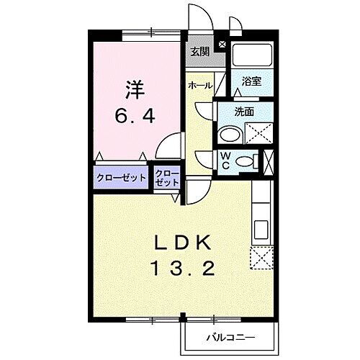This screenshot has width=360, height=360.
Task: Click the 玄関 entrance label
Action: click(x=199, y=52)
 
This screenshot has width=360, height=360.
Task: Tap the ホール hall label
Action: click(x=199, y=86)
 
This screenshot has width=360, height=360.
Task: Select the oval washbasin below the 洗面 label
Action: click(x=232, y=135)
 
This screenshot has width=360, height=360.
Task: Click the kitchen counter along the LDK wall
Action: click(x=260, y=216)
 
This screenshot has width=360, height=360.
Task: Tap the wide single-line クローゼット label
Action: click(x=122, y=176)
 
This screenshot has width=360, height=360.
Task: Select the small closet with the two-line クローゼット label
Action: click(x=167, y=177)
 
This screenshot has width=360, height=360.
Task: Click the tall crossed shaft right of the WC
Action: click(x=269, y=161)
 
